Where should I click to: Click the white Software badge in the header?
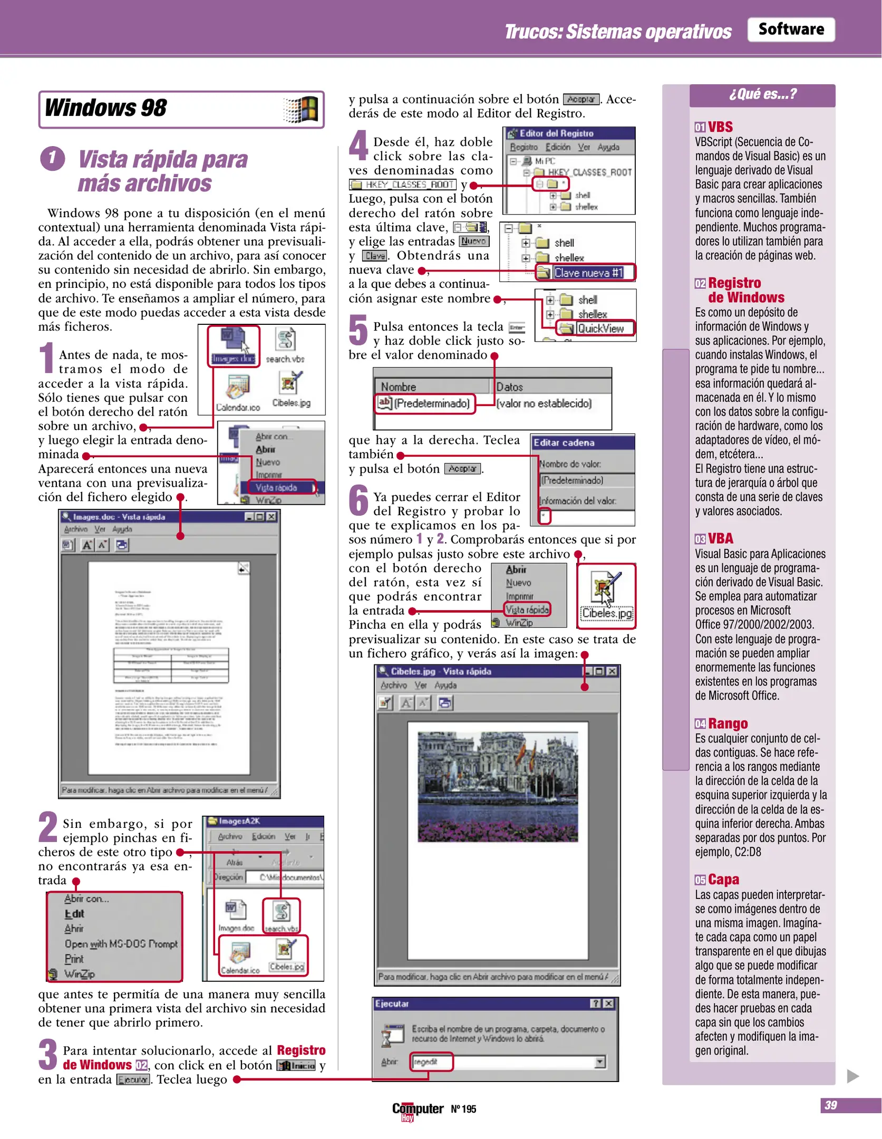click(x=790, y=30)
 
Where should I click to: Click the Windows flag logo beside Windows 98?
click(x=301, y=110)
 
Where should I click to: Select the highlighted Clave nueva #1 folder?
click(x=587, y=273)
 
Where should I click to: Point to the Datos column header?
click(x=509, y=387)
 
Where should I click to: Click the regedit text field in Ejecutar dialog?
click(x=431, y=1061)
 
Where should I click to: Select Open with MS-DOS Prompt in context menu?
click(x=121, y=943)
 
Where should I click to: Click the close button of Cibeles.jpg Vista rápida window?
click(x=612, y=671)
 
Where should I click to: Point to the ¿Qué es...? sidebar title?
click(x=762, y=94)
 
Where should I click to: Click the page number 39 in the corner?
click(x=830, y=1105)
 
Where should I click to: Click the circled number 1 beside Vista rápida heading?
click(x=53, y=158)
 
